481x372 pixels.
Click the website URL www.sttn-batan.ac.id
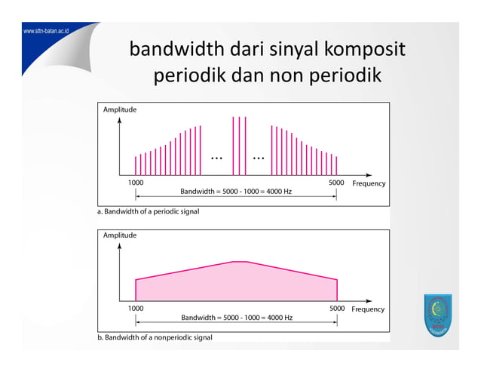[x=46, y=32]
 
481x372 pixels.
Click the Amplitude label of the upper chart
[x=120, y=110]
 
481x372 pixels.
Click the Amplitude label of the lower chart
[x=120, y=235]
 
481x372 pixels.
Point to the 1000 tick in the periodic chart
[x=135, y=183]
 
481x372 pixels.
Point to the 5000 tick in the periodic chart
[x=337, y=183]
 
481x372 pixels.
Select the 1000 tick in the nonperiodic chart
[x=135, y=309]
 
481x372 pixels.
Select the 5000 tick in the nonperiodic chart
[x=337, y=309]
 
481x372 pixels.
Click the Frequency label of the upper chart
[x=369, y=183]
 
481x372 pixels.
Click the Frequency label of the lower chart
[x=369, y=309]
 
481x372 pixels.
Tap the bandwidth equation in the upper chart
[x=236, y=192]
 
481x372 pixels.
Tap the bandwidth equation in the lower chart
[x=236, y=318]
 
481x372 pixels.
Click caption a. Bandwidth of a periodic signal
[x=149, y=212]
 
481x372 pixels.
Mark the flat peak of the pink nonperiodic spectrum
[x=240, y=262]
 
